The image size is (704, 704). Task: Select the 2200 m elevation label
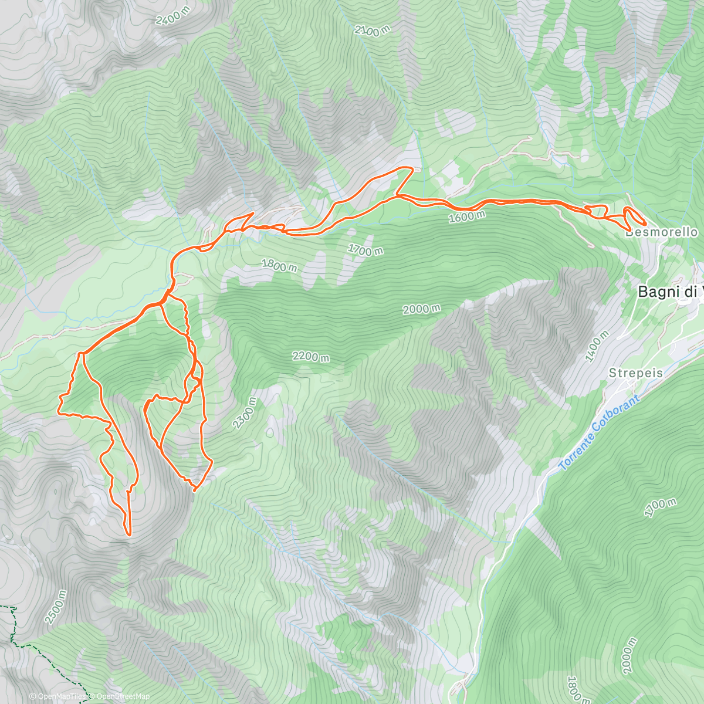tap(312, 356)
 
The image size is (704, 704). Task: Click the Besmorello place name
tap(661, 232)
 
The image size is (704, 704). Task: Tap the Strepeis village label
tap(635, 373)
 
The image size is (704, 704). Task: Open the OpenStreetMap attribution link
tap(120, 696)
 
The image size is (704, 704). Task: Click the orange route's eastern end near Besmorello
tap(645, 224)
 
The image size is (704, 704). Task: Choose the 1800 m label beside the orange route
tap(279, 266)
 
